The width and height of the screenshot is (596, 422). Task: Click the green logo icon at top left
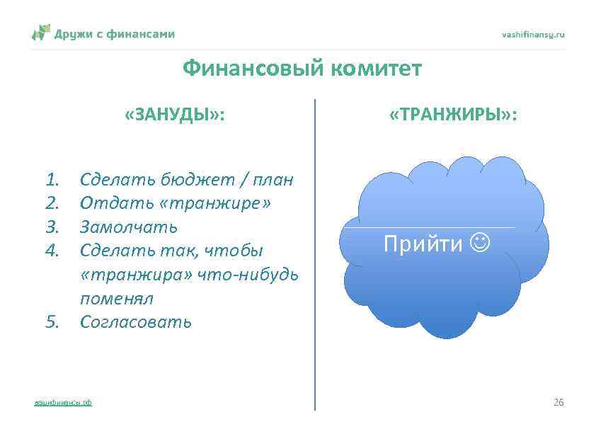41,33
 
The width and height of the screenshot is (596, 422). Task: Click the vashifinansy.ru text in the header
533,34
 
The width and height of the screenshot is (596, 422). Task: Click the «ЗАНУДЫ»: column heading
175,115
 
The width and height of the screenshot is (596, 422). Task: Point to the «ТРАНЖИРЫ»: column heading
453,115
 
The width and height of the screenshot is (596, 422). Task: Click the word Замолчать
128,227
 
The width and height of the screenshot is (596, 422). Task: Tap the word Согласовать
135,322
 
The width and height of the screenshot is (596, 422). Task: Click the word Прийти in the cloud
423,244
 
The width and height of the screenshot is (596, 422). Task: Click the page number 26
558,403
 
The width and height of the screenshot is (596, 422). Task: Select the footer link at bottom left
63,403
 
